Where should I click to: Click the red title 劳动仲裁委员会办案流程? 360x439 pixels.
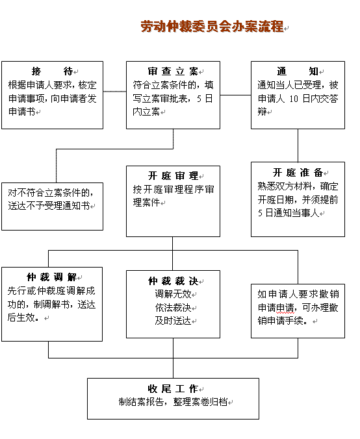[212, 27]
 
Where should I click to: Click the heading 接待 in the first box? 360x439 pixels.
[52, 71]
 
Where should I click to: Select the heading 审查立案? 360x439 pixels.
[173, 71]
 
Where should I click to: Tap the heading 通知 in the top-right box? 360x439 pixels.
[298, 71]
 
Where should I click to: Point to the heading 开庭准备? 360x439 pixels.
[298, 173]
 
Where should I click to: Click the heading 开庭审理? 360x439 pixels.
[173, 176]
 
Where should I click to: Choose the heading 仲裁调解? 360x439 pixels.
[52, 277]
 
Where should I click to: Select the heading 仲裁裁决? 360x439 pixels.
[173, 281]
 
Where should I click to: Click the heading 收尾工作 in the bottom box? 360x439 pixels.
[173, 388]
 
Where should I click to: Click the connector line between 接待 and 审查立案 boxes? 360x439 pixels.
[114, 92]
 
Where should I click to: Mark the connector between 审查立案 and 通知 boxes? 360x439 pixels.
[235, 95]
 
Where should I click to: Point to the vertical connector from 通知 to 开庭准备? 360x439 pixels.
[298, 145]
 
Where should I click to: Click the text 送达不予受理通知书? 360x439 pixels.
[49, 206]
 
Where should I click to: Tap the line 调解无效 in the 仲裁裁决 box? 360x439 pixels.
[173, 294]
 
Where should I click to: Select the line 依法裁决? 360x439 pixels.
[173, 307]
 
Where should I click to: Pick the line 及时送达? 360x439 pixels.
[173, 321]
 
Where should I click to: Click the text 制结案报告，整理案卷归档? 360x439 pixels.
[173, 402]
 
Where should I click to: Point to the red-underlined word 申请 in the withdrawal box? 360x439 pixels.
[285, 308]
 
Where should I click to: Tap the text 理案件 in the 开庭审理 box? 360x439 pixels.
[146, 203]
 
